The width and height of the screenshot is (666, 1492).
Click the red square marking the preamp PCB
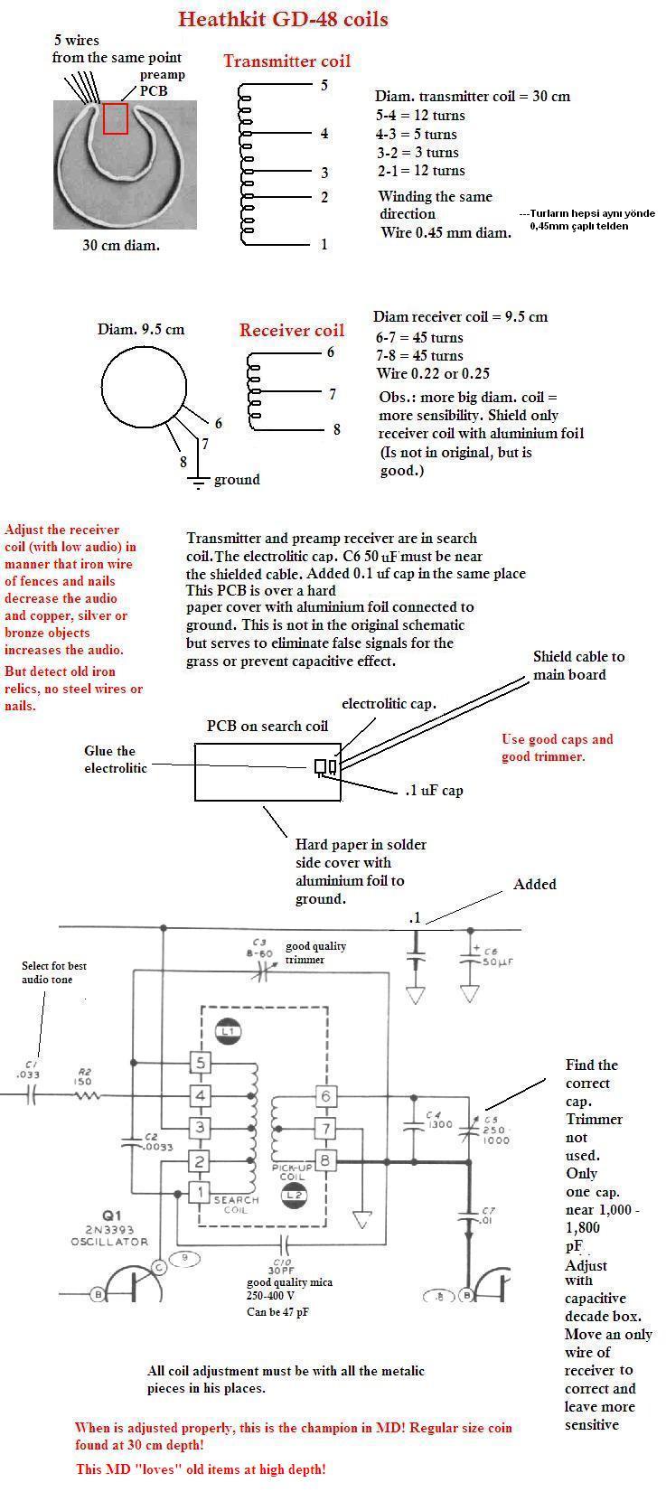tap(115, 118)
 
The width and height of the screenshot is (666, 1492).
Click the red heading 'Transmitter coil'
tap(286, 61)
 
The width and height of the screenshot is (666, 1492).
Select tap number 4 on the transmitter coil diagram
tap(324, 134)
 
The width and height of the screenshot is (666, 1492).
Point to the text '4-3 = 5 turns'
tap(417, 134)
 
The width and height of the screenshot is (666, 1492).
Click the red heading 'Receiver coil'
tap(291, 331)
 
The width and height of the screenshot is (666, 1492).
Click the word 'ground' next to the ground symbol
tap(237, 480)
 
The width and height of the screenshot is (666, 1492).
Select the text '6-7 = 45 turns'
tap(419, 337)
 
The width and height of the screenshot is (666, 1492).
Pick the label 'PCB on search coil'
tap(267, 726)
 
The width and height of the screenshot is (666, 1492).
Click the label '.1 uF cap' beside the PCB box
tap(433, 791)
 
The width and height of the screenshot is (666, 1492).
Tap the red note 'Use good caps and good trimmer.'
tap(557, 747)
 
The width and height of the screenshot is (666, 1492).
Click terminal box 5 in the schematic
tap(200, 1063)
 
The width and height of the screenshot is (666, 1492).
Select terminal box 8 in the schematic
tap(324, 1160)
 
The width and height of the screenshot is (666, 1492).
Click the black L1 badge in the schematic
tap(227, 1031)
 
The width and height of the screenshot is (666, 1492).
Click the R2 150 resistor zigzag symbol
tap(87, 1095)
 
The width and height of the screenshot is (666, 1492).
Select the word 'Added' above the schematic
tap(535, 885)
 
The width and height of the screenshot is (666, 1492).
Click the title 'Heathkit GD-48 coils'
tap(283, 19)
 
